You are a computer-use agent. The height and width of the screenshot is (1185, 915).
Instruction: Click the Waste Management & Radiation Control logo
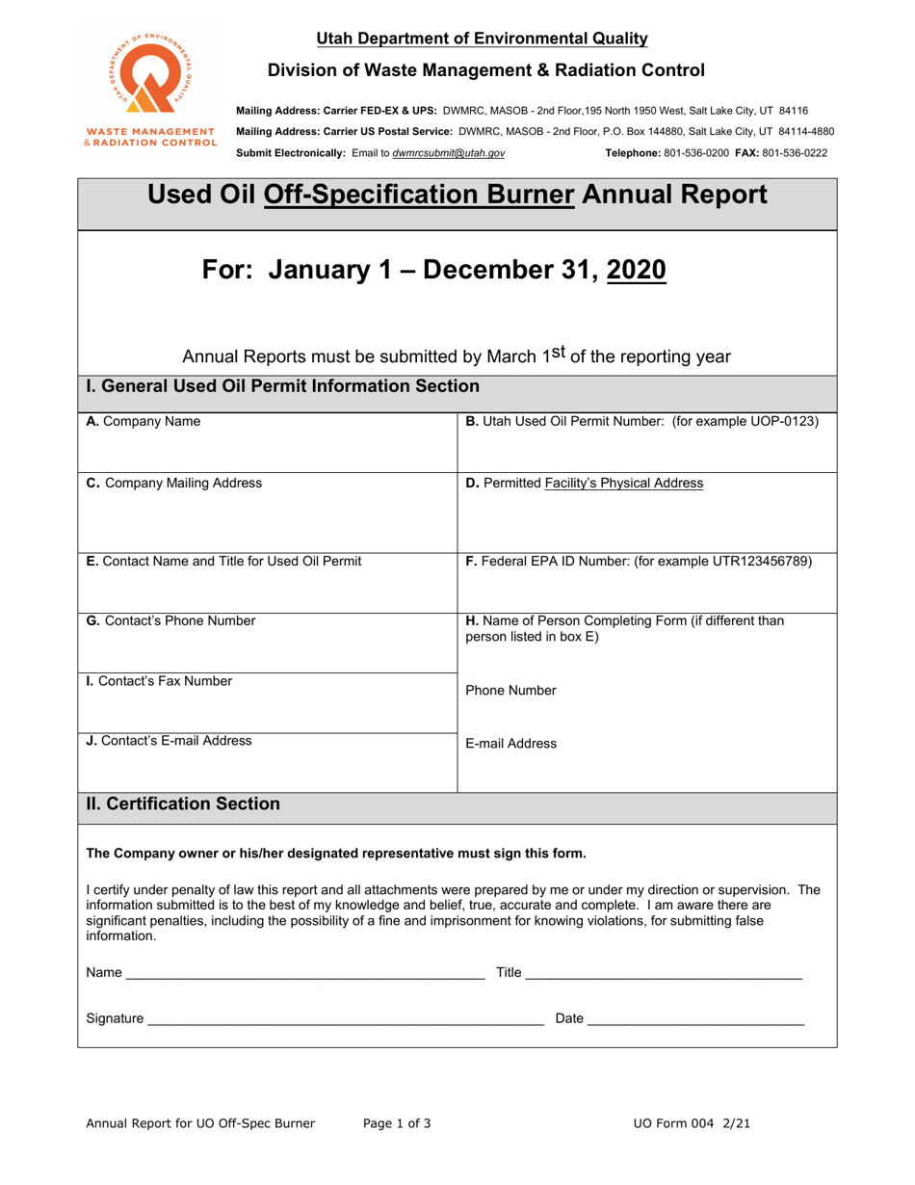click(x=149, y=88)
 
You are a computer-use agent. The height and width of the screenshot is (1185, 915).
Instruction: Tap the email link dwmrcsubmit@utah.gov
click(x=448, y=153)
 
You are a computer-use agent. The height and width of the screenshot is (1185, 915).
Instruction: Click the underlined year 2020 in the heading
click(x=638, y=271)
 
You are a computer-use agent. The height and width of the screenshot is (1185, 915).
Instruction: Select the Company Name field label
click(x=144, y=422)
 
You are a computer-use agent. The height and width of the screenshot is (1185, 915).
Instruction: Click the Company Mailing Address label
click(x=174, y=484)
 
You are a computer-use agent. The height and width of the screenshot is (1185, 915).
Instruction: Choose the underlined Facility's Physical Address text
click(x=623, y=484)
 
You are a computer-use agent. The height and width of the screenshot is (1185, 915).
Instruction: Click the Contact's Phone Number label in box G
click(x=171, y=621)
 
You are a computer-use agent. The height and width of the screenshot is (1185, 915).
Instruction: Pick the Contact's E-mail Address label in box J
click(x=170, y=741)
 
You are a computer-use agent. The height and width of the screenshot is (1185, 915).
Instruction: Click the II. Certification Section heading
click(x=183, y=803)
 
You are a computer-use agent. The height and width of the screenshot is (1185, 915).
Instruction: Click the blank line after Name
click(x=305, y=974)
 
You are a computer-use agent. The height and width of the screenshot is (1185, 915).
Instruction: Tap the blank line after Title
click(x=664, y=974)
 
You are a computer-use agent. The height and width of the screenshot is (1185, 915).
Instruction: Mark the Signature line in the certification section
click(x=345, y=1019)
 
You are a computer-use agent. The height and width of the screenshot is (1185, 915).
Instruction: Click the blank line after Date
click(x=695, y=1019)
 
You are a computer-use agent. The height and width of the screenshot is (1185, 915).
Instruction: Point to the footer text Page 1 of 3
click(x=397, y=1123)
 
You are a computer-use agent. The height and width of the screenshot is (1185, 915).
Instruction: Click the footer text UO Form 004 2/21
click(x=693, y=1123)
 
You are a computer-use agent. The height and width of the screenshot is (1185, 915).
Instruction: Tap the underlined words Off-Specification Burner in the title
click(x=419, y=197)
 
